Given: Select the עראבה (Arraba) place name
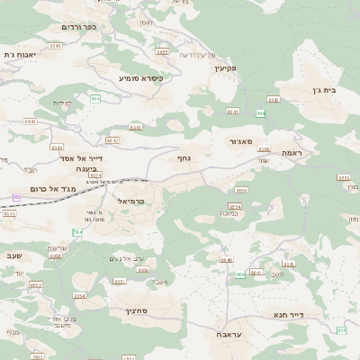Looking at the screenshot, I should pyautogui.click(x=235, y=334).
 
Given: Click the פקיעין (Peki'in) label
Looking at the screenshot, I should pyautogui.click(x=225, y=67).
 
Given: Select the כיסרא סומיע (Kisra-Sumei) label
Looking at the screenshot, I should pyautogui.click(x=141, y=78).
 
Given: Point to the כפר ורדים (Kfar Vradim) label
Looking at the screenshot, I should pyautogui.click(x=78, y=27).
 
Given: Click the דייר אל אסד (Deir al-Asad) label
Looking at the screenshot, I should pyautogui.click(x=85, y=158).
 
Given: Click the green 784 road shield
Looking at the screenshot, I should pyautogui.click(x=77, y=233).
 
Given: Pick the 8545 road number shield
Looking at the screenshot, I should pyautogui.click(x=55, y=46).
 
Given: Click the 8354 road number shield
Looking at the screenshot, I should pyautogui.click(x=79, y=295).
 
